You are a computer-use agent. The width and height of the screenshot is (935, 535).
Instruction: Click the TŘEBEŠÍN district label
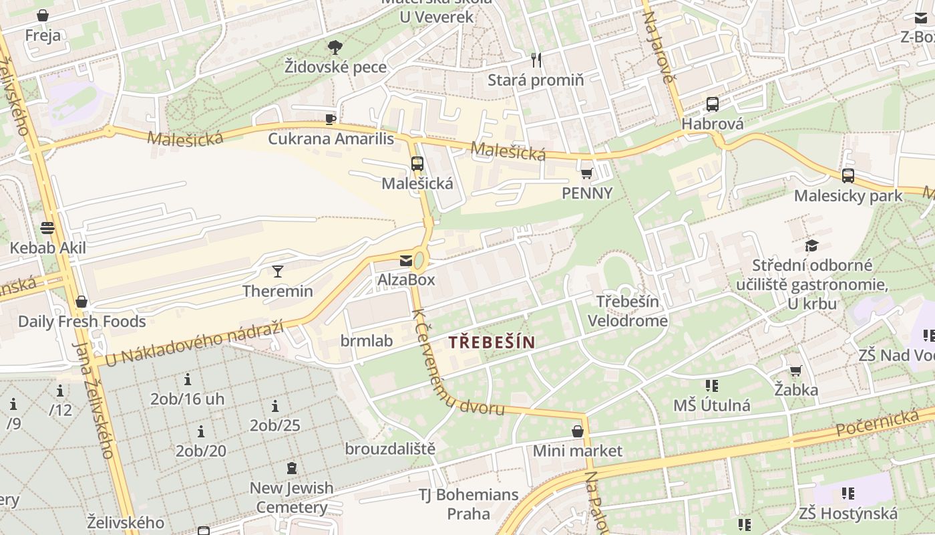[492, 342]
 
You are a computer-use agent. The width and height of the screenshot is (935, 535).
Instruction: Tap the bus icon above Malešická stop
[417, 163]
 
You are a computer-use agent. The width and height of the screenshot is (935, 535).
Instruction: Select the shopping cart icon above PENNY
[587, 174]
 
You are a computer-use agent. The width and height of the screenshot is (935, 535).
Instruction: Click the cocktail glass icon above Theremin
[278, 271]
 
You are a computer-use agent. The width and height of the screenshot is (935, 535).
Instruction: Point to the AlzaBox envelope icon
[406, 260]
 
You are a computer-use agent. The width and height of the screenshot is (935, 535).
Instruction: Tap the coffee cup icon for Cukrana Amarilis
[330, 119]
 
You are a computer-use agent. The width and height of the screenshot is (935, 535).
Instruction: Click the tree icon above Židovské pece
[335, 47]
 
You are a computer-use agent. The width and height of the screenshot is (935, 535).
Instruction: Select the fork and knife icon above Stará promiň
[536, 60]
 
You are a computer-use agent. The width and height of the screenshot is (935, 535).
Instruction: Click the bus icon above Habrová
[713, 104]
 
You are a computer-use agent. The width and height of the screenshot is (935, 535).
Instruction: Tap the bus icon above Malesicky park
[848, 176]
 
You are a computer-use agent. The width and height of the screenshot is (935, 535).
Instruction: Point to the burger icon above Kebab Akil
[47, 228]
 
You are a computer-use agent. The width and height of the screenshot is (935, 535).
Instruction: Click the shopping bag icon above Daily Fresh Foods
[81, 302]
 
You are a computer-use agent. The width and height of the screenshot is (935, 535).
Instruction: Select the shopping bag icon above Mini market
[578, 431]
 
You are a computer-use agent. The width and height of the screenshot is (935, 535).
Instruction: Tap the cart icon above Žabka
[795, 370]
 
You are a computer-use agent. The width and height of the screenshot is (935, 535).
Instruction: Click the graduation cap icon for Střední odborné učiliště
[811, 245]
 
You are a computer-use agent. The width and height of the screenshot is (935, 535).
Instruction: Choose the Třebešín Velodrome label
[627, 311]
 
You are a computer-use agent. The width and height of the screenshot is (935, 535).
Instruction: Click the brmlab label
[367, 341]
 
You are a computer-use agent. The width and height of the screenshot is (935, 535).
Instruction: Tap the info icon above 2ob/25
[275, 406]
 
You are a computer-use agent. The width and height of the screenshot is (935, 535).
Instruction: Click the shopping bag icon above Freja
[43, 15]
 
